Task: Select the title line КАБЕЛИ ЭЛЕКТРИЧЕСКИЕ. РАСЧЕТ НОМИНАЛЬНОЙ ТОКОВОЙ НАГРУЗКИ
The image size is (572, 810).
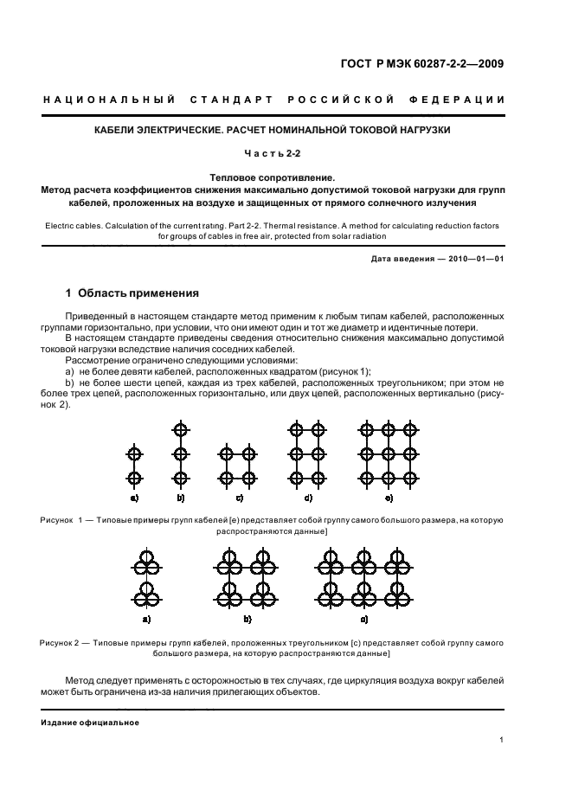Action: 285,131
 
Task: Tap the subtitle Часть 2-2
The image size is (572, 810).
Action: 285,154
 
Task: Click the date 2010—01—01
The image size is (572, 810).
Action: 475,259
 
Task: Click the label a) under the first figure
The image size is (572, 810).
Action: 134,498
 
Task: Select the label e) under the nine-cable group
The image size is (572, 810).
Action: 389,498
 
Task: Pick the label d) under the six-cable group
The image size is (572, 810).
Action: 308,498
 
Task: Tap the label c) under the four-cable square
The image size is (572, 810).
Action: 238,498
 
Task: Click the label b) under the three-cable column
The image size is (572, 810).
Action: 181,498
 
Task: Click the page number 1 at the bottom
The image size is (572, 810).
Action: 502,741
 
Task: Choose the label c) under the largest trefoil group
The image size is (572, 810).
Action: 364,620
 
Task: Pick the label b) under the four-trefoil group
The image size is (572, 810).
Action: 247,620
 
